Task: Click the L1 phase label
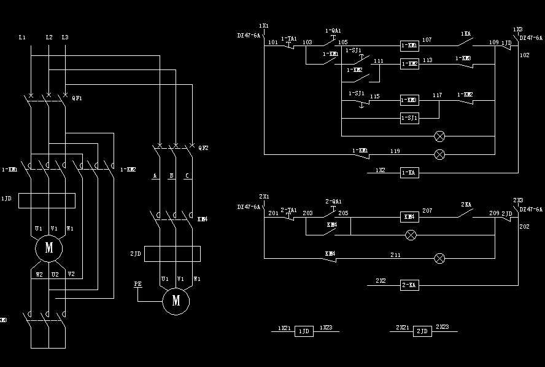(x=22, y=38)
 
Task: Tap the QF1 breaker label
(x=77, y=98)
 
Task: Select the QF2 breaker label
(x=204, y=148)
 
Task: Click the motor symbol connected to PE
(x=176, y=301)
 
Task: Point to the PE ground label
(x=138, y=284)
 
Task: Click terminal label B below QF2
(x=171, y=176)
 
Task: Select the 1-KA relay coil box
(x=409, y=173)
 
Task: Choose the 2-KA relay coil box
(x=409, y=285)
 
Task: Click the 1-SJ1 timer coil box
(x=409, y=117)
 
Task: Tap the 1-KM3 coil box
(x=409, y=100)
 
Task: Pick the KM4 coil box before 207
(x=409, y=216)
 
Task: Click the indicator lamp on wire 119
(x=439, y=154)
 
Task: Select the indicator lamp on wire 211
(x=439, y=258)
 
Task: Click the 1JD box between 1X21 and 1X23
(x=304, y=331)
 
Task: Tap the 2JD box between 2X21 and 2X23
(x=422, y=331)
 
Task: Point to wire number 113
(x=427, y=60)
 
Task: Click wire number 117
(x=437, y=95)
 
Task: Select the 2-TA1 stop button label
(x=288, y=210)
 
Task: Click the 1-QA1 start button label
(x=333, y=30)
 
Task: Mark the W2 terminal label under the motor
(x=39, y=274)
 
